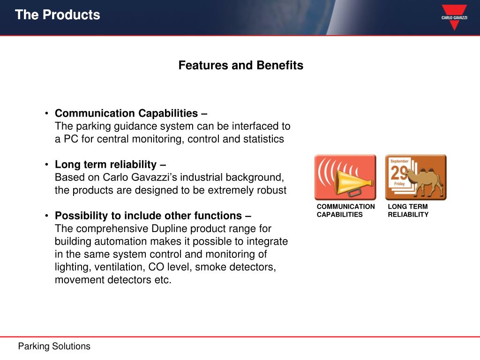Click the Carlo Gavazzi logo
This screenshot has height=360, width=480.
tap(454, 17)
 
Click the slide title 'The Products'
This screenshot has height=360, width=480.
tap(58, 15)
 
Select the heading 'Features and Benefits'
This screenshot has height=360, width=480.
tap(240, 65)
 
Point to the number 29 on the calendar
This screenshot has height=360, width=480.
tap(398, 172)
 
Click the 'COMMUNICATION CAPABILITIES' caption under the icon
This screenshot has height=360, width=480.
tap(345, 210)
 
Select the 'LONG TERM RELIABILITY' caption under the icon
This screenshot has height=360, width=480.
tap(408, 210)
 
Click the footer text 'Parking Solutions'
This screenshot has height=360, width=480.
tap(54, 346)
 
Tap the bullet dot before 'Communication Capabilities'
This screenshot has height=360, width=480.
tap(46, 113)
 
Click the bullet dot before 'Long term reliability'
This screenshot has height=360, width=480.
tap(46, 165)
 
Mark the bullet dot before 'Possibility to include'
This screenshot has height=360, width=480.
tap(46, 216)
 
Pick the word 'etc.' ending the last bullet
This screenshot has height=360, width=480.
tap(163, 280)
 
